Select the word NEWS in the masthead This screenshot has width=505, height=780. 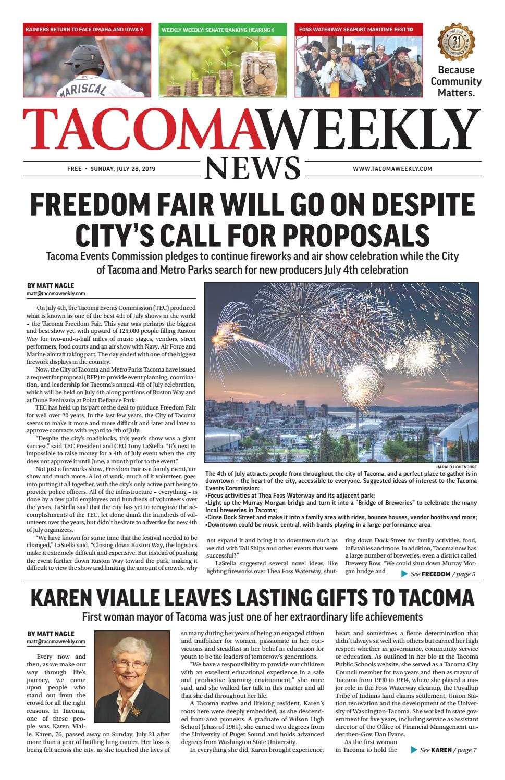point(253,168)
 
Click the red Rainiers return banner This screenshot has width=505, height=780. point(87,30)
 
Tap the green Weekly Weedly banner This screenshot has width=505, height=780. point(223,30)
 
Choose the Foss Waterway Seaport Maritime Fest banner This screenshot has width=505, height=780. point(358,30)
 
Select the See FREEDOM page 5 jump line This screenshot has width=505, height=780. point(438,574)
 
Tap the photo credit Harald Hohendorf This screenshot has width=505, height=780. point(457,467)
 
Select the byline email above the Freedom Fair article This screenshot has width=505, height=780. point(56,294)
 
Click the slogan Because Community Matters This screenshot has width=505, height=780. point(455,81)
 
